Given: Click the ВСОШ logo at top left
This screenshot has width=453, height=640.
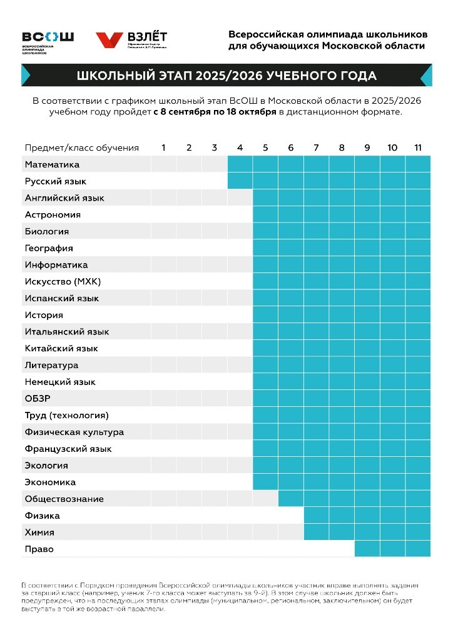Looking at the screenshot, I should point(48,41).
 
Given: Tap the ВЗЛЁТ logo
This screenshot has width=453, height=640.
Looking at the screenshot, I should point(131,39).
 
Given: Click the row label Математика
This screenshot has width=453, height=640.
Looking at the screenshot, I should point(52,164).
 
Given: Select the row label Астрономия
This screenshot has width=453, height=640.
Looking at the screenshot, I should point(53,214).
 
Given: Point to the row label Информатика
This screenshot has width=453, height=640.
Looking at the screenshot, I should point(56,265).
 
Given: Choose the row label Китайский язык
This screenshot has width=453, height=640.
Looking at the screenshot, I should point(61,348).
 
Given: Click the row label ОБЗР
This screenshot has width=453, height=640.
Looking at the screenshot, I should point(38,399).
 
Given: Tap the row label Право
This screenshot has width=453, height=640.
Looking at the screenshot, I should point(39,549).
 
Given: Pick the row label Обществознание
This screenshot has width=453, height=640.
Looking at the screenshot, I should point(64,499).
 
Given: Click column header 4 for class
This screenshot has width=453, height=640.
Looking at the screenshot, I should point(240,147).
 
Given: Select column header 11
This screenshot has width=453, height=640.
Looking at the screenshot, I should point(418,147).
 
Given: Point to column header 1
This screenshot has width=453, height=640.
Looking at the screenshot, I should point(164,147).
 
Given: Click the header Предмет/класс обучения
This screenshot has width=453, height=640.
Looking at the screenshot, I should point(81,147).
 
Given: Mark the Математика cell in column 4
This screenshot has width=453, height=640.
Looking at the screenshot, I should point(240,164).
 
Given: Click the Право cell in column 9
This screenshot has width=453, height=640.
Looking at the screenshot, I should point(367,549).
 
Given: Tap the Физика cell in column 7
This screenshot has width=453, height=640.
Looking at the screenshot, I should point(317,516).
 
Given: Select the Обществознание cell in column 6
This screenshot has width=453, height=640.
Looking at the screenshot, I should point(291,499).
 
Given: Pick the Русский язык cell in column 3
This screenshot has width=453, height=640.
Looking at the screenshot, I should point(215,181).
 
